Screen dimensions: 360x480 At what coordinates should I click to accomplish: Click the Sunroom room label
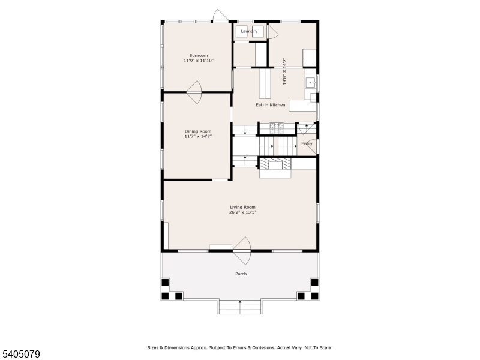point(198,55)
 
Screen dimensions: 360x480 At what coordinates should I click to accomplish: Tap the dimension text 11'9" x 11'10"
point(198,61)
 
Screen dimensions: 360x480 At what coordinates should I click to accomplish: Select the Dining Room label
point(198,131)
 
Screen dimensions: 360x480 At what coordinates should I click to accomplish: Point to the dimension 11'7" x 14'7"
point(198,136)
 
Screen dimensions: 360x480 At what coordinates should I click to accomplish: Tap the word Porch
point(241,274)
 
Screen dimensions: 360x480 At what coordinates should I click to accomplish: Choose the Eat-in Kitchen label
point(271,105)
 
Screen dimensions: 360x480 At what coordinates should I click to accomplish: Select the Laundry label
point(249,31)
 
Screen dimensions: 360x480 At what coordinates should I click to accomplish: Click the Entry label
point(307,143)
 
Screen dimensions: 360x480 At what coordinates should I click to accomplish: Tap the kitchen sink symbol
point(310,83)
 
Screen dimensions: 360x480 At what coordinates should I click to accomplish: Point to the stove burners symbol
point(277,126)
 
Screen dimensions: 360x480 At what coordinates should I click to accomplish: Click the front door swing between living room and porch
point(242,250)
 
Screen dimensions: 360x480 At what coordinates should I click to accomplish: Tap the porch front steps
point(240,307)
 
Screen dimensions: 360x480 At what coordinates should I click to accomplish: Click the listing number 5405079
point(20,355)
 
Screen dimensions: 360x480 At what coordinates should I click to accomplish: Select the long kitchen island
point(265,83)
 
